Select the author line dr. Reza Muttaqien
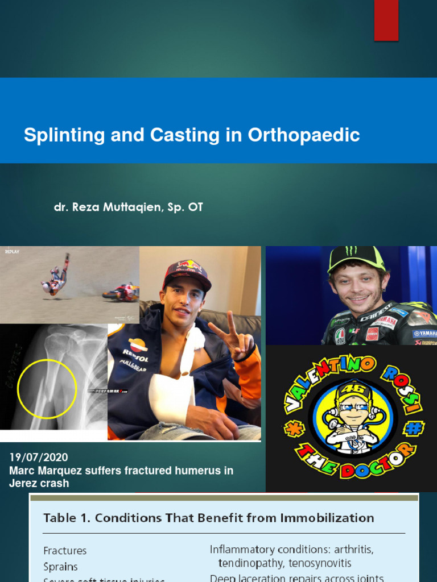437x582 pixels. [128, 207]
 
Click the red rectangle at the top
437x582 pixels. [386, 20]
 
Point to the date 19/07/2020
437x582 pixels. [38, 457]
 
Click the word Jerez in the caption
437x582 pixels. [24, 483]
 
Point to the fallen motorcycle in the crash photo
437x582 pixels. [121, 292]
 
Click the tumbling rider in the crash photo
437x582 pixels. [56, 278]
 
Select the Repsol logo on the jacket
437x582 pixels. [138, 346]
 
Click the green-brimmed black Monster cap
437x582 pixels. [356, 257]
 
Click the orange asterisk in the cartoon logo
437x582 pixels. [295, 428]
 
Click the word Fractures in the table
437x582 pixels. [65, 550]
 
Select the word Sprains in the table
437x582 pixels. [60, 567]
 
